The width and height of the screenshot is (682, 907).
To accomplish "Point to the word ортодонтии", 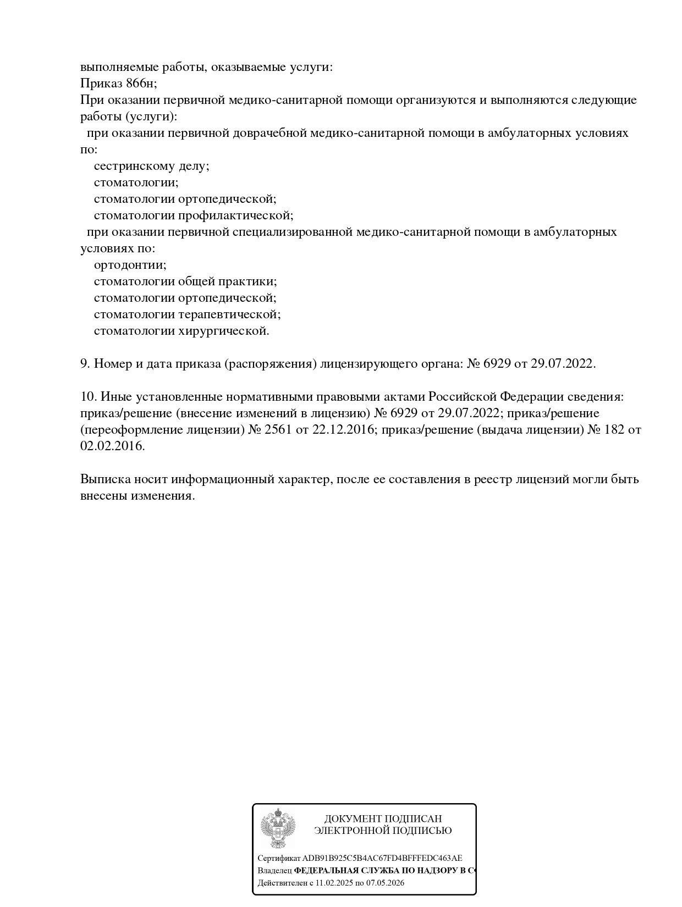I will click(130, 265).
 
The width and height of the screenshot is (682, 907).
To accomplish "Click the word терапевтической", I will click(229, 314).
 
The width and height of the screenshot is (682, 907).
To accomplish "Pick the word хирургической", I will click(223, 331).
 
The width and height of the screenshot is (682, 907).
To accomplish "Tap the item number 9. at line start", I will click(85, 364).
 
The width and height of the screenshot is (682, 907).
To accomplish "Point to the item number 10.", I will click(89, 397).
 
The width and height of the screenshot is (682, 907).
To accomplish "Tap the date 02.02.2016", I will click(113, 446).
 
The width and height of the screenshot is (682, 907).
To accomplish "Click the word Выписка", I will click(105, 479).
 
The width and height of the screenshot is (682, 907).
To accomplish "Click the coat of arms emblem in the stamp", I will click(278, 828).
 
